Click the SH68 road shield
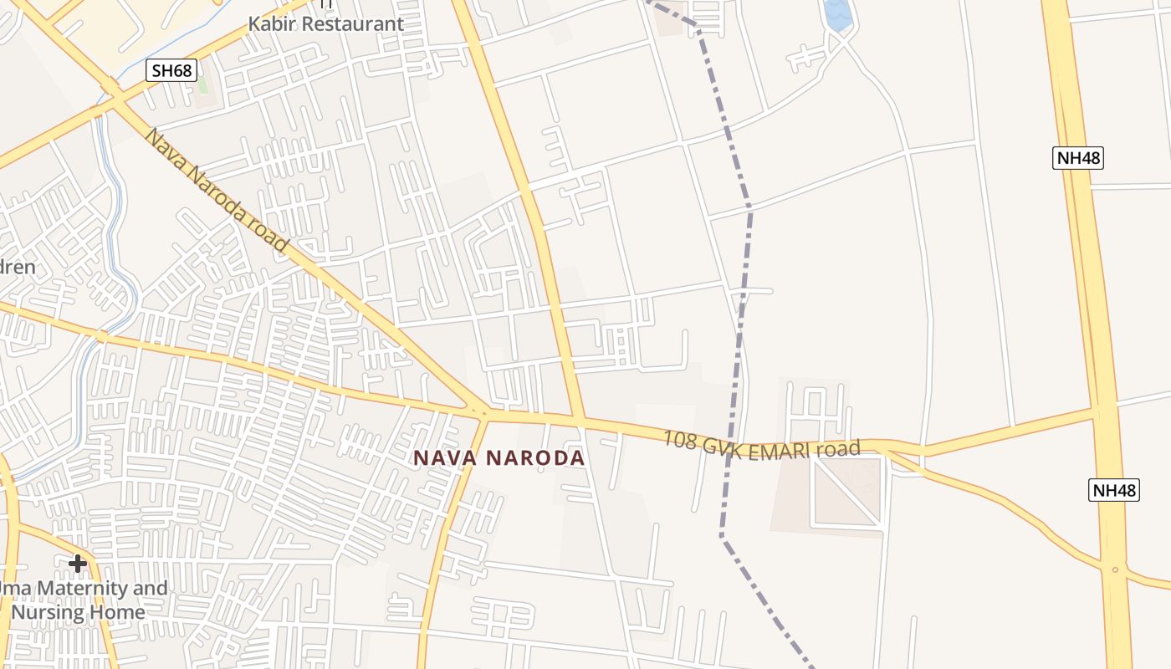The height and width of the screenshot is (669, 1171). (x=172, y=70)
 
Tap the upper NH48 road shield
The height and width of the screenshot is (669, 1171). (x=1077, y=157)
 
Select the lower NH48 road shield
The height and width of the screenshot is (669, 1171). (x=1114, y=489)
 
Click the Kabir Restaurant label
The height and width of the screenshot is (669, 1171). (x=325, y=23)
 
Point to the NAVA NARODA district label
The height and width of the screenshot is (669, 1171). (x=499, y=458)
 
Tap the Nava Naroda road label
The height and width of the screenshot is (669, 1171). (x=216, y=190)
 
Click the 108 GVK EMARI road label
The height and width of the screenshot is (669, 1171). (x=761, y=445)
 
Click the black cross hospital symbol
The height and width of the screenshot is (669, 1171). (x=78, y=564)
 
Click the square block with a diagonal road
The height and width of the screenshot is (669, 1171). (x=846, y=493)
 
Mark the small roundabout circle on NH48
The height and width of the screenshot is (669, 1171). (x=1115, y=569)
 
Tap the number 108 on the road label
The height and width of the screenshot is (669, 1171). (x=680, y=439)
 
